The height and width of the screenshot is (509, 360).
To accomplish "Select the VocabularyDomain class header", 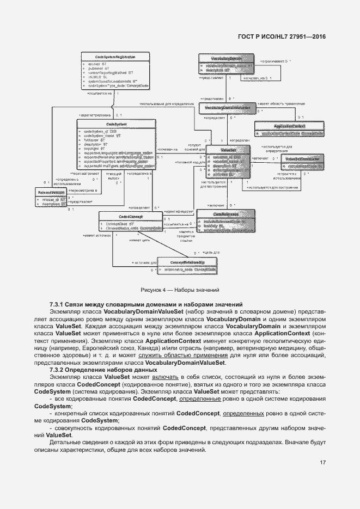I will [x=227, y=58].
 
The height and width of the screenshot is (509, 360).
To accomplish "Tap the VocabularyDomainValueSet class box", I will [x=228, y=108].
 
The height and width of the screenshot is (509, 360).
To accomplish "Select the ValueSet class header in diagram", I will [x=228, y=149].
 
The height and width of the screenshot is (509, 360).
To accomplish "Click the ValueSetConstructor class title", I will [x=302, y=159].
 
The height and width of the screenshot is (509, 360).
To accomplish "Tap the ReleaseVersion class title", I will [x=48, y=193].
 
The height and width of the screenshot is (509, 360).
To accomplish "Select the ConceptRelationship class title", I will [x=187, y=262].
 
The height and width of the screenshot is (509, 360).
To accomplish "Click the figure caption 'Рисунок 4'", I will [x=180, y=291].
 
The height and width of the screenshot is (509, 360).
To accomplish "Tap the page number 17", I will [x=322, y=463].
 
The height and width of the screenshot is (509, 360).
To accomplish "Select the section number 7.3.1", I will [x=57, y=304].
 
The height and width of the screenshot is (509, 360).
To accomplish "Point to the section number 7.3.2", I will [x=57, y=370].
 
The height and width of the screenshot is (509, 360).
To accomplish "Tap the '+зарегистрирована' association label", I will [x=96, y=115].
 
